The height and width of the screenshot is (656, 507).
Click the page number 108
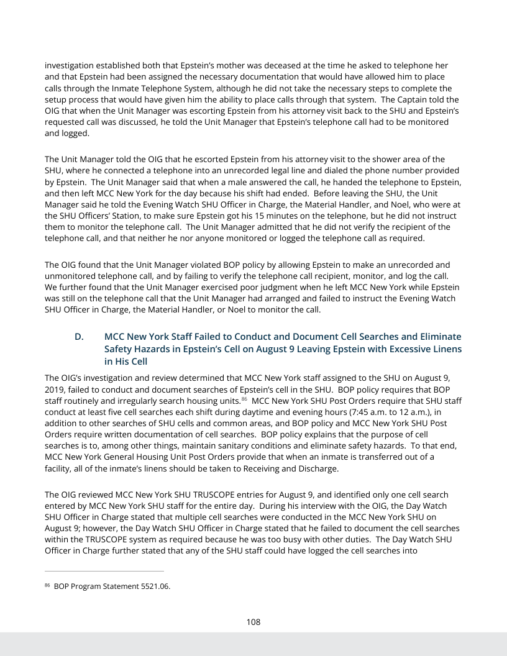coord(253,622)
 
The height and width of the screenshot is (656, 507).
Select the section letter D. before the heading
coord(79,337)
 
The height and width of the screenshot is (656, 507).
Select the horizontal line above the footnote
coord(104,570)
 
